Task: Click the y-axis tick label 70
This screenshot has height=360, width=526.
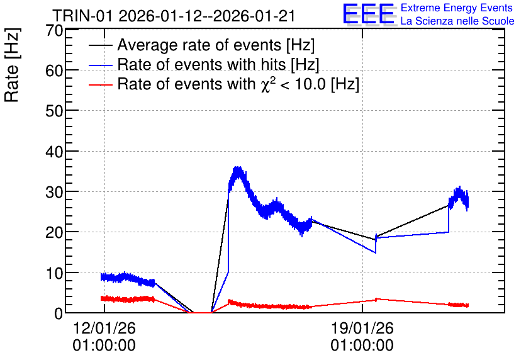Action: tap(54, 31)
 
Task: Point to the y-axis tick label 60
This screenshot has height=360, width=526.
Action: tap(54, 71)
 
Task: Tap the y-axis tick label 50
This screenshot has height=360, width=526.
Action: tap(54, 111)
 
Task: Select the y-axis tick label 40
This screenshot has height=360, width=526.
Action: tap(54, 152)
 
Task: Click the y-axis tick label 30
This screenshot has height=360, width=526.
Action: tap(54, 192)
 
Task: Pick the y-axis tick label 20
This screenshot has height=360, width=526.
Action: tap(54, 233)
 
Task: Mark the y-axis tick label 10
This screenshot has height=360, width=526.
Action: tap(54, 273)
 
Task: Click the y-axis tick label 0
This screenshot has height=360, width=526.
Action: tap(59, 314)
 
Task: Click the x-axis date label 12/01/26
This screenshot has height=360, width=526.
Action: tap(104, 328)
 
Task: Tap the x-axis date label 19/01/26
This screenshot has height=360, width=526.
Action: tap(362, 328)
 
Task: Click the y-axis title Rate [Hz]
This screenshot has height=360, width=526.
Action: tap(12, 65)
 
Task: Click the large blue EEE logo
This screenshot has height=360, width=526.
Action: tap(369, 14)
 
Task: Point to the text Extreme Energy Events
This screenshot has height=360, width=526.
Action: tap(457, 8)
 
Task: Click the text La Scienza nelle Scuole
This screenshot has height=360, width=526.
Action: tap(457, 21)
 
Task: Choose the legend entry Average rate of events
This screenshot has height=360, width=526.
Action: tap(216, 45)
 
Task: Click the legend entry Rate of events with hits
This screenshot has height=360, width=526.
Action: tap(218, 64)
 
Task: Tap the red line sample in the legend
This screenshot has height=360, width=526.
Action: tap(100, 85)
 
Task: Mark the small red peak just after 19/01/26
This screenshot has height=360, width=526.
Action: tap(376, 299)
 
